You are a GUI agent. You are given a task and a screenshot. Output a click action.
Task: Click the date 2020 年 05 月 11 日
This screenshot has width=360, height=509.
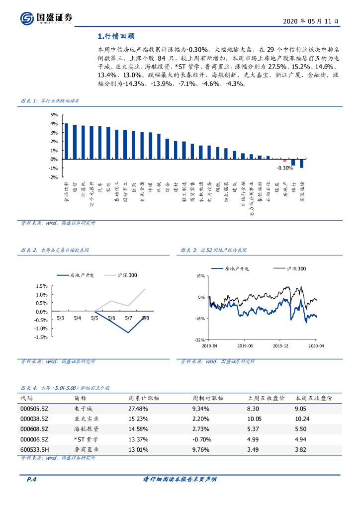click(x=311, y=21)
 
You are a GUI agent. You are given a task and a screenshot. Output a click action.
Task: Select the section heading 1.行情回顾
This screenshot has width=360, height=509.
click(x=116, y=36)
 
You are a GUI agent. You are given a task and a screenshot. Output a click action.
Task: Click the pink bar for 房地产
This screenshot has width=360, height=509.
click(x=285, y=161)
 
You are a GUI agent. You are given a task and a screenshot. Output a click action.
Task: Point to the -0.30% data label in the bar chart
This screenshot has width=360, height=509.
click(x=285, y=168)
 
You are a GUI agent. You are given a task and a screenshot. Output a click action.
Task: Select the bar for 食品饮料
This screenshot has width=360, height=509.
click(x=66, y=141)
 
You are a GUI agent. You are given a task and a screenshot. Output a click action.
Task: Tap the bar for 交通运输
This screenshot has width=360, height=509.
click(x=302, y=164)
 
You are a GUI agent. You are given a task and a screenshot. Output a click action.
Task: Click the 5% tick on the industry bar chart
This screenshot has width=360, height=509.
click(x=54, y=115)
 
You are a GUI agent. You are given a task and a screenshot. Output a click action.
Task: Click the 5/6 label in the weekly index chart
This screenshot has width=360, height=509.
click(x=111, y=318)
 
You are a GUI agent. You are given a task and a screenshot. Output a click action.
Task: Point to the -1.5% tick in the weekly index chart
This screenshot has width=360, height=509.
click(x=41, y=337)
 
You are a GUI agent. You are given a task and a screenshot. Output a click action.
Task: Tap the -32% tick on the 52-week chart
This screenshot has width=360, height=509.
click(x=199, y=340)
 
